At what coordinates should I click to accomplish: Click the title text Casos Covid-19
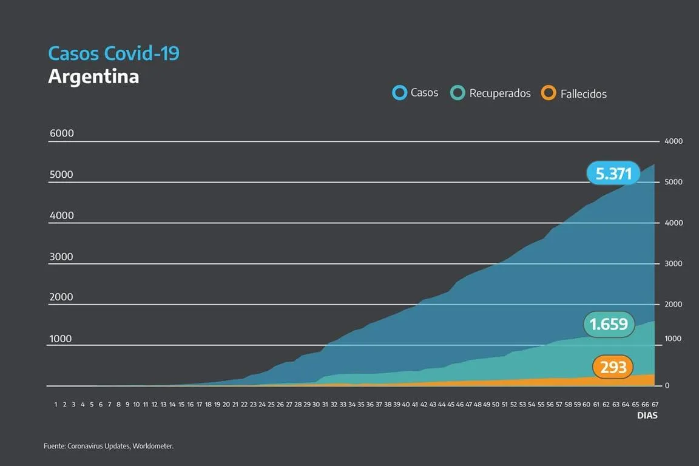click(113, 53)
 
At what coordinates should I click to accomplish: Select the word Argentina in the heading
click(93, 76)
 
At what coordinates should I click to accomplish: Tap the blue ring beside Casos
click(400, 93)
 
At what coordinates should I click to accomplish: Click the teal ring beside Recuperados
click(458, 93)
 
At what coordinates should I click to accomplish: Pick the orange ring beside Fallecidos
click(549, 93)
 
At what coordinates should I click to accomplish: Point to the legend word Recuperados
click(500, 93)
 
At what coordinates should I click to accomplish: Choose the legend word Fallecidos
click(583, 94)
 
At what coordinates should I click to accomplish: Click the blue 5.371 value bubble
click(613, 174)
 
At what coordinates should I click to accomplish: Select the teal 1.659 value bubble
click(609, 325)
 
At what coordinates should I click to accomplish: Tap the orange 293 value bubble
click(613, 367)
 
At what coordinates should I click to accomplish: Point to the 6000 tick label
click(61, 133)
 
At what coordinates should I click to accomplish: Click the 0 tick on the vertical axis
click(666, 386)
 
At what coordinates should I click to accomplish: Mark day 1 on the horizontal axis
click(56, 404)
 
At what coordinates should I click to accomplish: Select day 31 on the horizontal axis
click(325, 404)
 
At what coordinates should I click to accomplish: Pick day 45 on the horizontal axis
click(451, 404)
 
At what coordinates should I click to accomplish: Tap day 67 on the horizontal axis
click(655, 404)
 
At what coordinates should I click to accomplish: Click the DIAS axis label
click(647, 416)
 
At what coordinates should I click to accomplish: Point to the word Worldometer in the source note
click(155, 446)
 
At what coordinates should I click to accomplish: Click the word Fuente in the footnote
click(54, 446)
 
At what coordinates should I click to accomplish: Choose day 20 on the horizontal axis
click(226, 404)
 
